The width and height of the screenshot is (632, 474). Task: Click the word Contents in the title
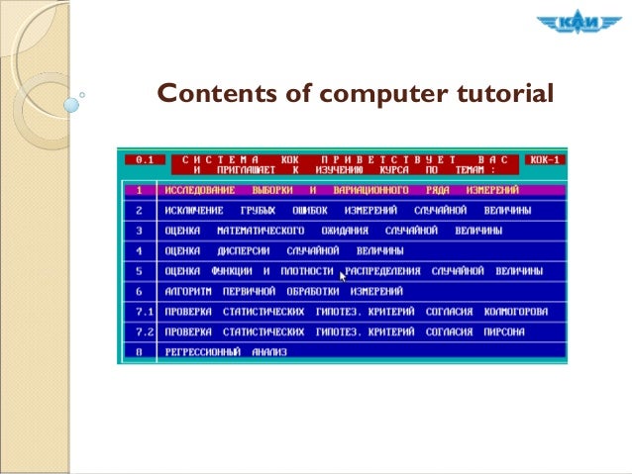(x=205, y=94)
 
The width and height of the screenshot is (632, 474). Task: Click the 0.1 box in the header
(x=145, y=159)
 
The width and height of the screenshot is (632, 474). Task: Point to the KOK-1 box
(x=545, y=159)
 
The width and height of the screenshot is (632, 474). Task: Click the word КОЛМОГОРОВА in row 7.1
(x=516, y=312)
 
